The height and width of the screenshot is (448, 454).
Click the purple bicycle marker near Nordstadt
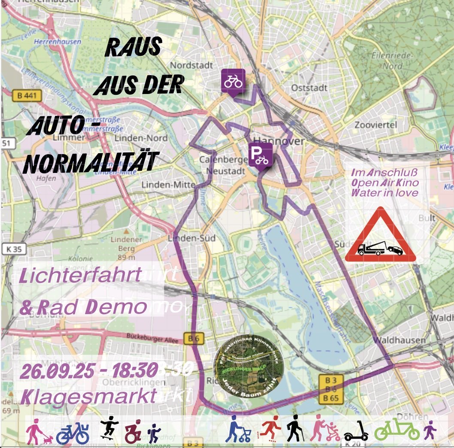click(x=233, y=81)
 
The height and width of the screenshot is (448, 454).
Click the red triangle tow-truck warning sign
click(x=380, y=237)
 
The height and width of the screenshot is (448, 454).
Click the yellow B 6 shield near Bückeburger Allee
click(x=194, y=339)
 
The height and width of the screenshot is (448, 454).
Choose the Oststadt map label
click(x=309, y=88)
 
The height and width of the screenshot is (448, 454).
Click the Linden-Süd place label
click(x=185, y=238)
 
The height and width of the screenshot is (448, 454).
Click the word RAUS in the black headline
click(x=133, y=48)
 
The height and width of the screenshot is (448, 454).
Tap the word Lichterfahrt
click(x=81, y=276)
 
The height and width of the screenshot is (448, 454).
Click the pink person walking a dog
click(x=38, y=432)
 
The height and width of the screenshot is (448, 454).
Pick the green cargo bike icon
click(x=397, y=430)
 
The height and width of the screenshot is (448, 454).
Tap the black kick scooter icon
click(x=356, y=431)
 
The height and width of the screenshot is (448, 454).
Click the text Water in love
click(x=384, y=193)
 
